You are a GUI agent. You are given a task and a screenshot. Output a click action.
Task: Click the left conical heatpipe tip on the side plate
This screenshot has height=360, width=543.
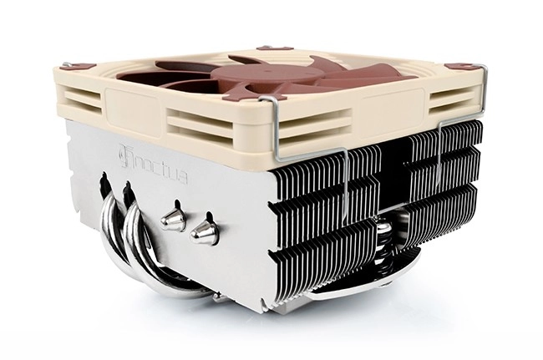pos(172,219)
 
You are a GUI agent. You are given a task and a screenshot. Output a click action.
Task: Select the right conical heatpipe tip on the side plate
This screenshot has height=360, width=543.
pos(204,231)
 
